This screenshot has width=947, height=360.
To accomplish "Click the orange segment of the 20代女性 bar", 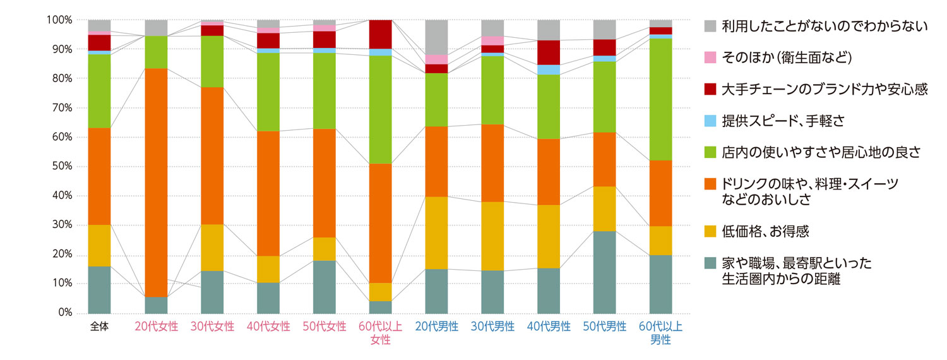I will (x=156, y=183).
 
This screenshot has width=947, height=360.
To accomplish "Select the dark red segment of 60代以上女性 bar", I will (x=381, y=34).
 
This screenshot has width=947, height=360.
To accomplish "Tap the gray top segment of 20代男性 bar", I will (x=437, y=37).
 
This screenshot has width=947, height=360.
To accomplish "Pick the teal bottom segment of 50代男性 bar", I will (x=605, y=272).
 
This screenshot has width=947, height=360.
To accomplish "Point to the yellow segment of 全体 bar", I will (x=100, y=246).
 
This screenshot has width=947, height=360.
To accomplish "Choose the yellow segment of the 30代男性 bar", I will (x=493, y=236).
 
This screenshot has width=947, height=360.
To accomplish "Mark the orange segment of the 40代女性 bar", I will (x=268, y=193).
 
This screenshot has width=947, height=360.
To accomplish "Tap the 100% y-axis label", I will (x=59, y=20).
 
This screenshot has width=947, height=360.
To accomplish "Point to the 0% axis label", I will (x=65, y=313).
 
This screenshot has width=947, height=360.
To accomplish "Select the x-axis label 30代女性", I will (x=212, y=327).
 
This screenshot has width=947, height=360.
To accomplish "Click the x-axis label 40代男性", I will (x=549, y=327).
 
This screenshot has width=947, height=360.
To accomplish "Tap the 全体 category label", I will (x=100, y=327).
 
